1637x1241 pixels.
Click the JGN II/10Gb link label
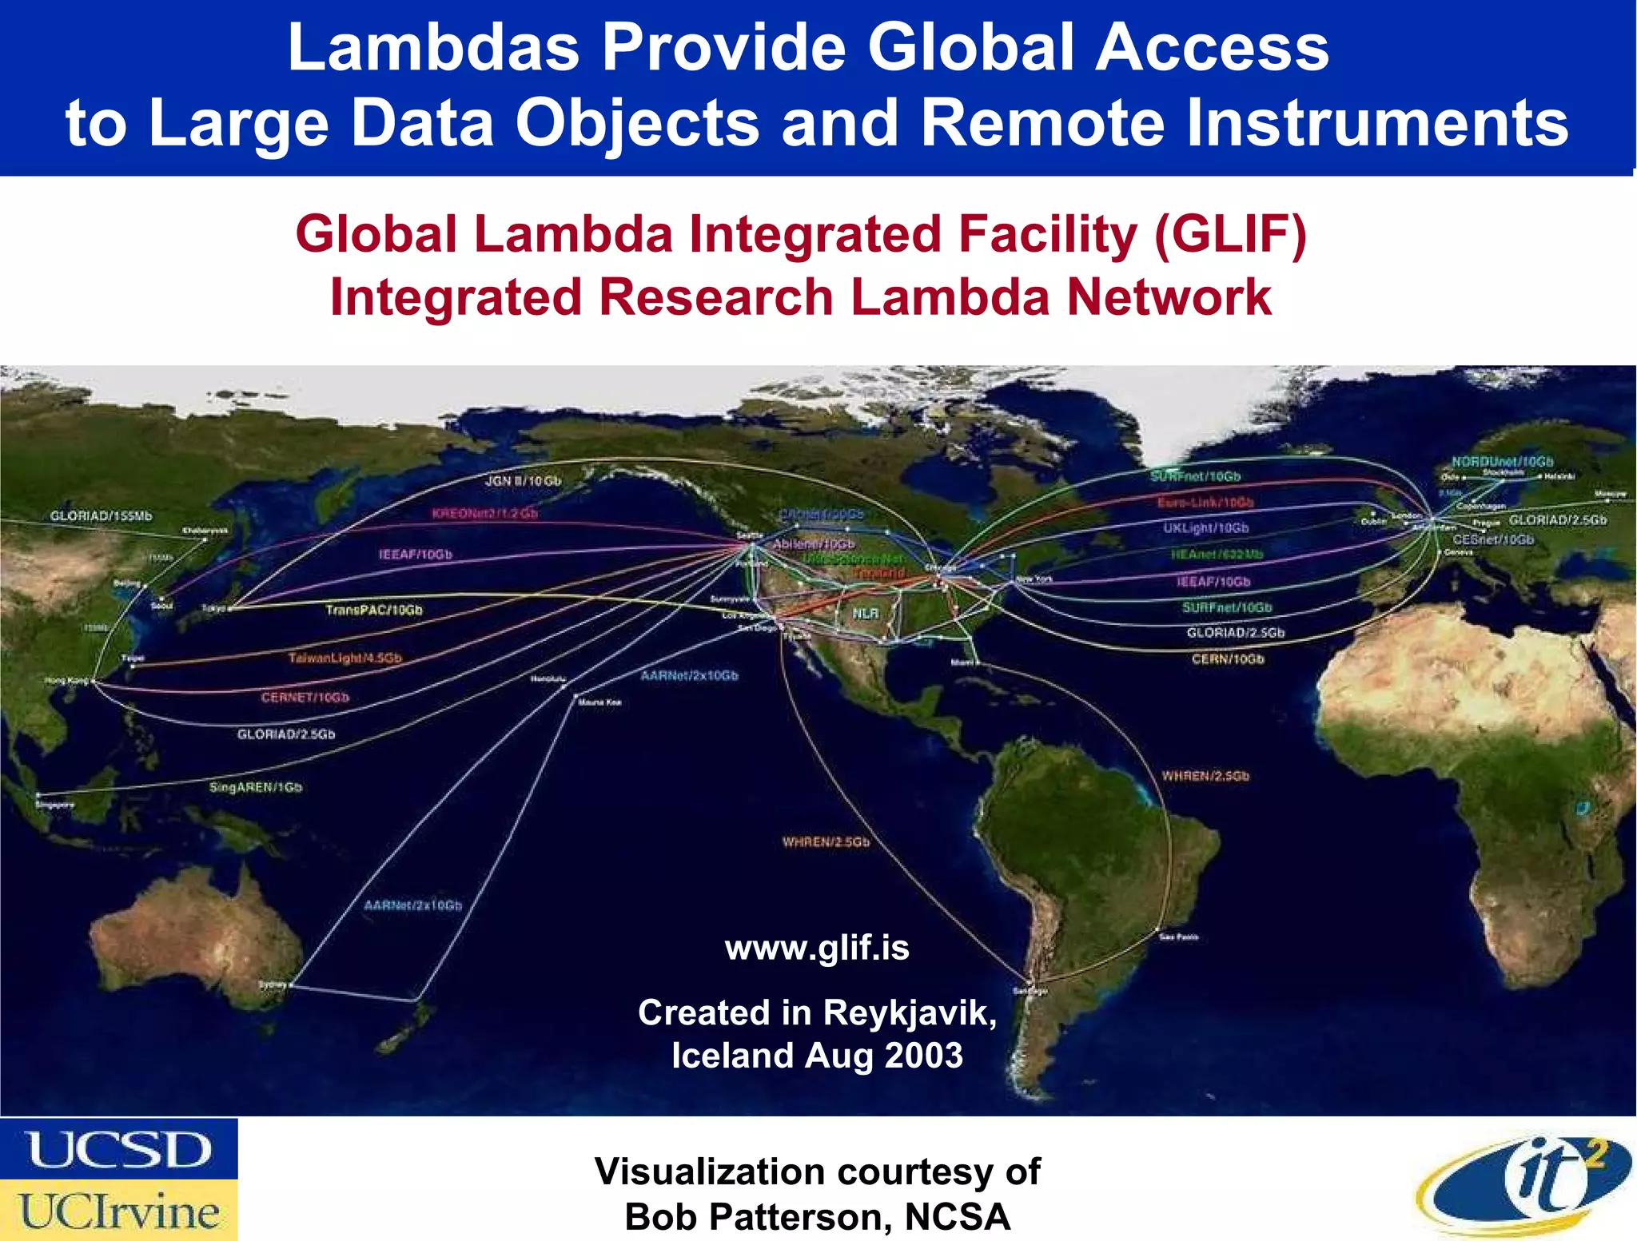coord(523,481)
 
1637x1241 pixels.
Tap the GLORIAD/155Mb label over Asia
coord(101,516)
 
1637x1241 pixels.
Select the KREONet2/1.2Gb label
coord(484,513)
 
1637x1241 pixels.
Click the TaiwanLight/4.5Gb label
coord(345,658)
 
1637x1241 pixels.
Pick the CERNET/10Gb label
coord(305,698)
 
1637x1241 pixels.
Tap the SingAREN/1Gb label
coord(256,788)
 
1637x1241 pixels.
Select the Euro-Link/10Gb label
coord(1205,503)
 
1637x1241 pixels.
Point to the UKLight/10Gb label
coord(1205,528)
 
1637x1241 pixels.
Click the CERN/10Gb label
coord(1228,659)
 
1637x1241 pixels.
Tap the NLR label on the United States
coord(866,613)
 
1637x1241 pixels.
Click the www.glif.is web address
coord(817,949)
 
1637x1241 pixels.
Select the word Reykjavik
coord(910,1013)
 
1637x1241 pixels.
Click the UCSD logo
coord(118,1149)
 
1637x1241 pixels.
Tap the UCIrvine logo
coord(118,1211)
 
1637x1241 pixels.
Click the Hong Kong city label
coord(66,681)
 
